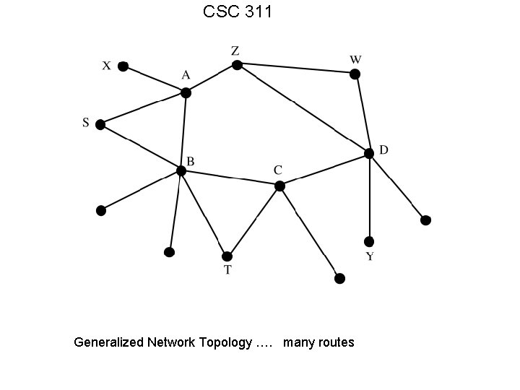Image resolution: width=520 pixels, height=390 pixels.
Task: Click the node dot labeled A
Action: coord(186,92)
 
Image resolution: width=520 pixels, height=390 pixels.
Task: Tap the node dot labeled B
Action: coord(181,170)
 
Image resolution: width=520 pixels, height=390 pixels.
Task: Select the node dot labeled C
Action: coord(279,186)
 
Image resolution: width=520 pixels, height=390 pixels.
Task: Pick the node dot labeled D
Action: coord(369,153)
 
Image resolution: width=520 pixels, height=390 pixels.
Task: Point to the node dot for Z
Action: coord(236,65)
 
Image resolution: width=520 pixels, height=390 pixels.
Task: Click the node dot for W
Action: coord(355,74)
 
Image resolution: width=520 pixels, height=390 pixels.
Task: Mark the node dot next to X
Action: coord(123,66)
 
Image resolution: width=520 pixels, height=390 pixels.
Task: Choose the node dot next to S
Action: coord(100,124)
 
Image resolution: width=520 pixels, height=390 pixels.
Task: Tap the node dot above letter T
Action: coord(227,256)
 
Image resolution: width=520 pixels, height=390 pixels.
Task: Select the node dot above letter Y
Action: coord(369,241)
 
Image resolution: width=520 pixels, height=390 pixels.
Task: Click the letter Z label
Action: coord(235,51)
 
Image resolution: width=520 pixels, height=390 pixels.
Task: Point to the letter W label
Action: coord(355,58)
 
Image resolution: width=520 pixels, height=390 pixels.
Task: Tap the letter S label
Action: coord(85,123)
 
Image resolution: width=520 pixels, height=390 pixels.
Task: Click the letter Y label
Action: coord(369,257)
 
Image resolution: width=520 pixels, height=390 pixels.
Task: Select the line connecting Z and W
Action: coord(295,69)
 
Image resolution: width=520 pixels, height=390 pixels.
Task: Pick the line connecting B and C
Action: coord(230,178)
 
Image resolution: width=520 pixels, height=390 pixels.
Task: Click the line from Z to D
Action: coord(303,109)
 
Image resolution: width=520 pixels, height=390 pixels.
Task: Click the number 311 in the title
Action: coord(255,12)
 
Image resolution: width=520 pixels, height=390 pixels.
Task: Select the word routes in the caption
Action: coord(335,342)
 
